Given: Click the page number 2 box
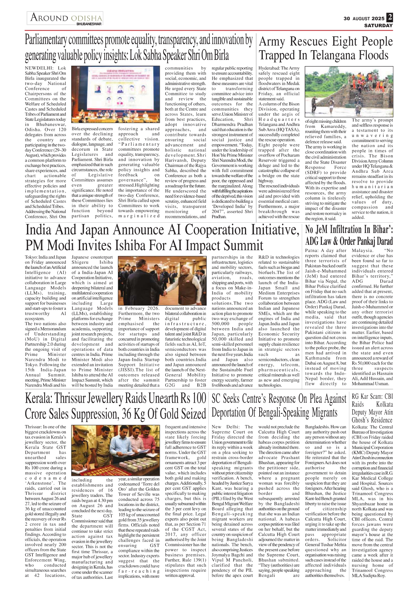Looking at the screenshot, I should [390, 17].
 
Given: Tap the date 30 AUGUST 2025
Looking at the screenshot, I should [364, 19].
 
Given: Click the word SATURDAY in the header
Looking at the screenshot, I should [378, 25].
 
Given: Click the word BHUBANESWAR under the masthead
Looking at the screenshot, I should [89, 24].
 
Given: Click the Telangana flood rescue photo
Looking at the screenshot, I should [349, 91].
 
